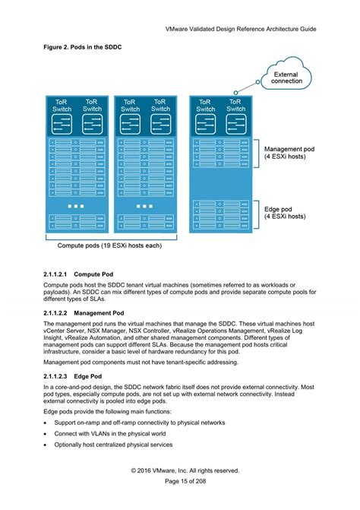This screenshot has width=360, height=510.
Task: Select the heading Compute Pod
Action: [x=94, y=273]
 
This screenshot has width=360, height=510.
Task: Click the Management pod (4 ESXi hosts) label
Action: [x=286, y=154]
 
